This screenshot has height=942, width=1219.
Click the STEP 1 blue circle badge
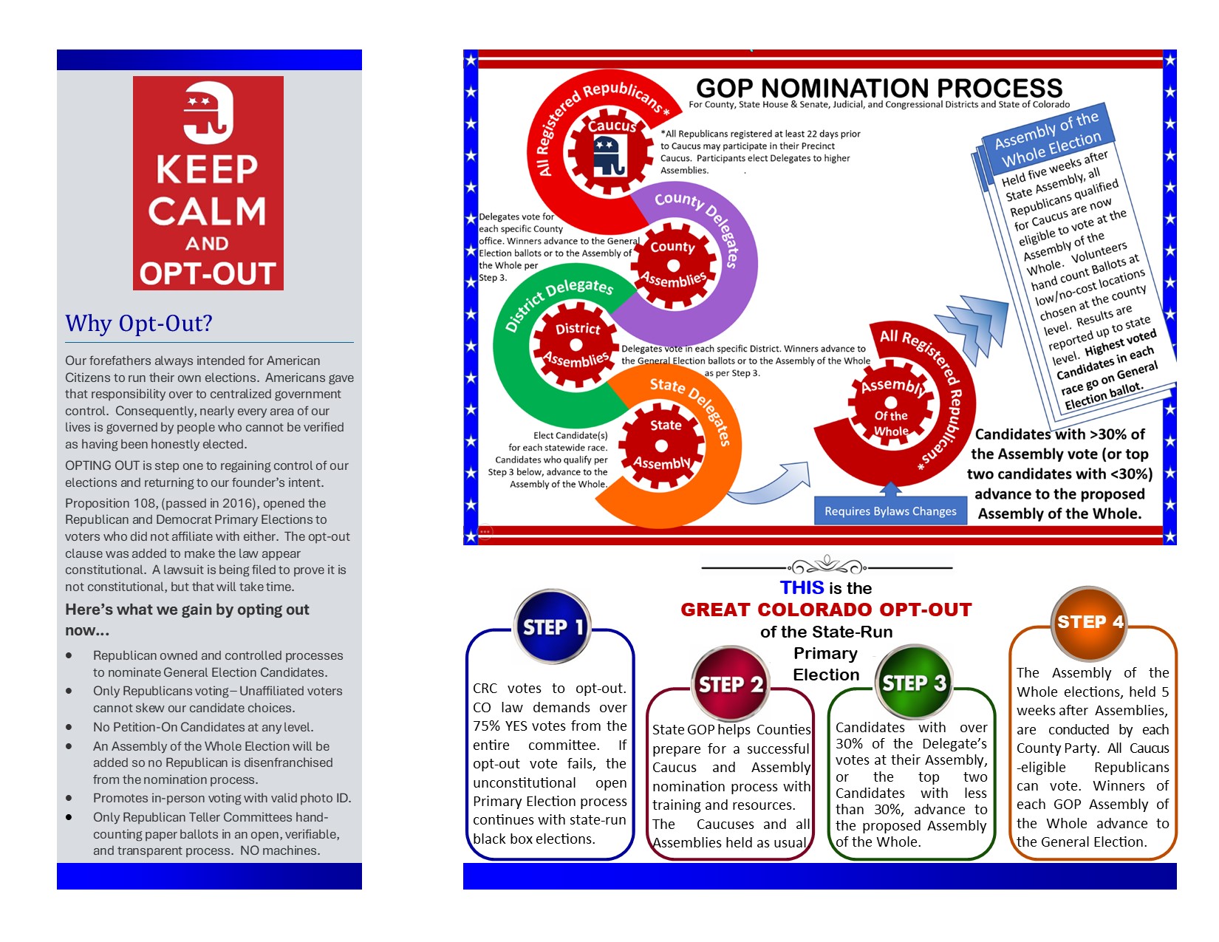pos(552,627)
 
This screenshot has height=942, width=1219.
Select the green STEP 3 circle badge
pos(913,682)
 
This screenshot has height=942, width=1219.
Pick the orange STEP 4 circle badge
pos(1089,622)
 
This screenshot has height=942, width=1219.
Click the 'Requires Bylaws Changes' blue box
pos(890,511)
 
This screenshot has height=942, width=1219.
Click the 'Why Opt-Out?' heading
pos(139,323)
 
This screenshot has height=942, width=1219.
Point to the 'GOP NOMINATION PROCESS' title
pos(879,88)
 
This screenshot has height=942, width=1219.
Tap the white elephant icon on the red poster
pos(208,112)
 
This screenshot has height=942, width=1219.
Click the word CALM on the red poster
pos(208,211)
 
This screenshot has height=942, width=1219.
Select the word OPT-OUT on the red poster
pos(208,273)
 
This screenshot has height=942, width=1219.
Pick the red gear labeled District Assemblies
pos(576,344)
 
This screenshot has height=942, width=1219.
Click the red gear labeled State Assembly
pos(662,445)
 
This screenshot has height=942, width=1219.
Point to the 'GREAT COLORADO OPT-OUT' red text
pos(826,610)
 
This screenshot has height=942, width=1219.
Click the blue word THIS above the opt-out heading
pos(802,587)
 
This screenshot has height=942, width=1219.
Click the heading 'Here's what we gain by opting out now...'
pos(187,619)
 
